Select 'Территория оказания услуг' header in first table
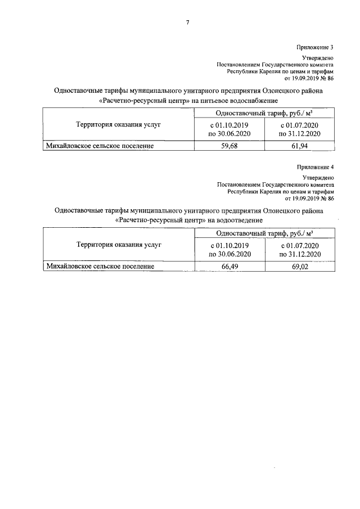coord(118,124)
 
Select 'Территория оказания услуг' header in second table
coord(118,245)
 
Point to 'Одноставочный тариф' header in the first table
coord(249,112)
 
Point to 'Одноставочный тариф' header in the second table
coord(249,233)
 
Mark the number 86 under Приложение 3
coord(330,79)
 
